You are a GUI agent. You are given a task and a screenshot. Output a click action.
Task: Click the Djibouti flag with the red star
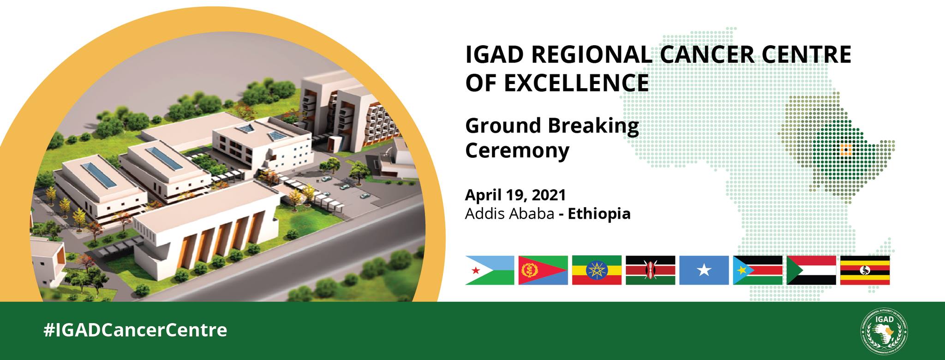[x=490, y=270]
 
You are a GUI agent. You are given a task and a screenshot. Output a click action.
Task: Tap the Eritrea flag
[x=543, y=270]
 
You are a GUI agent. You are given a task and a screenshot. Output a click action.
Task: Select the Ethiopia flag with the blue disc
[x=597, y=270]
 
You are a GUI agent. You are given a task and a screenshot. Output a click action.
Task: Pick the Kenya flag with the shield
[x=650, y=270]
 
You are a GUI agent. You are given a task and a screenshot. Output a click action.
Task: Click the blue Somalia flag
[x=704, y=270]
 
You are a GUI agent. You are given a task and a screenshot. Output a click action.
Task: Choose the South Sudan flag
[x=758, y=270]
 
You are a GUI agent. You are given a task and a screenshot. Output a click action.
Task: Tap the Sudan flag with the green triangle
[x=811, y=270]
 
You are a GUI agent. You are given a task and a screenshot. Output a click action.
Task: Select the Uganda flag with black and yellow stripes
[x=865, y=270]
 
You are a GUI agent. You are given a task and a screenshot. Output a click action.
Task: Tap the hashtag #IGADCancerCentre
[x=135, y=330]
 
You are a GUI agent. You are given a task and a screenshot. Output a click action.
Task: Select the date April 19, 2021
[x=515, y=195]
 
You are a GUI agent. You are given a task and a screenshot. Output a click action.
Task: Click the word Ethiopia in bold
[x=599, y=214]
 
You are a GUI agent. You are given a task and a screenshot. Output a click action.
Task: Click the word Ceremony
[x=517, y=151]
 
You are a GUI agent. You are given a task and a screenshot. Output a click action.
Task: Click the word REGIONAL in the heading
[x=592, y=55]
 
